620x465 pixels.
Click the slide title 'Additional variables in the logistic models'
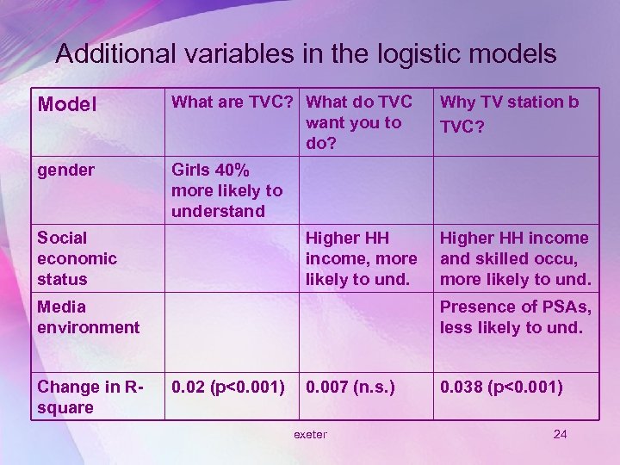(306, 54)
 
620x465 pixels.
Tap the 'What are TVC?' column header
(235, 102)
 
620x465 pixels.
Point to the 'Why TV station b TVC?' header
(509, 113)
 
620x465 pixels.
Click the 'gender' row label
(66, 170)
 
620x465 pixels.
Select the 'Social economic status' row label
(77, 258)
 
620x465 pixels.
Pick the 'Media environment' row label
(88, 317)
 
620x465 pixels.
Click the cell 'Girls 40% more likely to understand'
(226, 190)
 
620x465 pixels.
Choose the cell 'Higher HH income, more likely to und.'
(361, 258)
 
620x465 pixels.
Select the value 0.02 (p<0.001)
(228, 387)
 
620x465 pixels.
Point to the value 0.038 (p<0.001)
(501, 387)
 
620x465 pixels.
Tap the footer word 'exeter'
(310, 434)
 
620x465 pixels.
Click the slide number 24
(560, 434)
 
